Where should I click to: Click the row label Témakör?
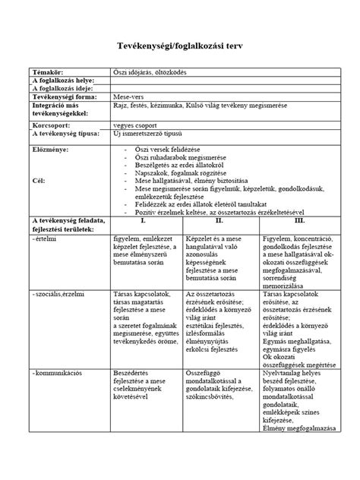click(47, 71)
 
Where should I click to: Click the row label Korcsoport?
click(50, 123)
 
